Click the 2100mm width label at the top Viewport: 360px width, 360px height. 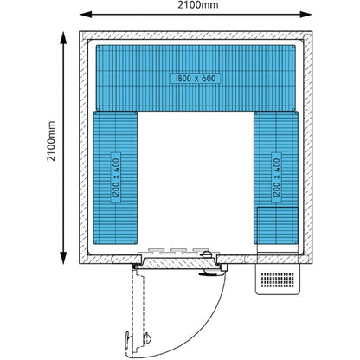point(198,4)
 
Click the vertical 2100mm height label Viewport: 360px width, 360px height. point(51,141)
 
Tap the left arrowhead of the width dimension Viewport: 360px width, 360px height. point(86,15)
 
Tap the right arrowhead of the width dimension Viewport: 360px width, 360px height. point(305,15)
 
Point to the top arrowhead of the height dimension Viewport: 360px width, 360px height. point(63,38)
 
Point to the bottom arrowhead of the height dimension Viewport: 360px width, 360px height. point(63,258)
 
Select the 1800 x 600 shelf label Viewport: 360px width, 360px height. point(196,78)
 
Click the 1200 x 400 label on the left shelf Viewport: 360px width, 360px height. point(116,178)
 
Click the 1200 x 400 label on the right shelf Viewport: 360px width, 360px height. point(276,178)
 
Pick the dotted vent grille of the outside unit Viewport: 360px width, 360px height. point(278,280)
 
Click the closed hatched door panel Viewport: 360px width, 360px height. point(179,264)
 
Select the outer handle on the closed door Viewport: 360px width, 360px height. point(209,273)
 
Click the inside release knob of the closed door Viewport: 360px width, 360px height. point(207,254)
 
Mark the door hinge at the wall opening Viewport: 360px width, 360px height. point(135,267)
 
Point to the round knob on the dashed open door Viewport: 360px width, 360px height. point(147,337)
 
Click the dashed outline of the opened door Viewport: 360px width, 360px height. point(138,312)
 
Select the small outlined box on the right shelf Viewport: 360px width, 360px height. point(278,225)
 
